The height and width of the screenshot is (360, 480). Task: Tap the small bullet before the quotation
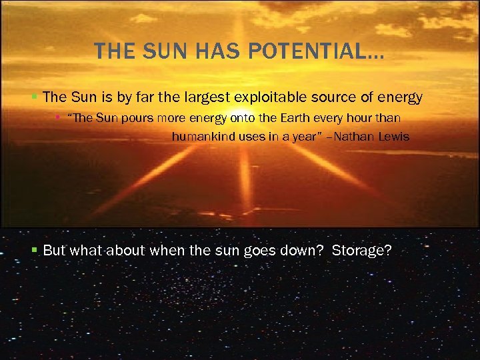[x=59, y=118]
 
